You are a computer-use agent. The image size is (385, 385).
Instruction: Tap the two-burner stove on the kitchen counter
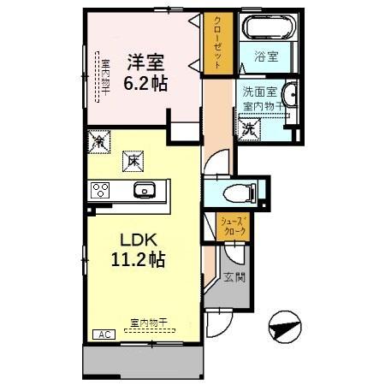tap(101, 190)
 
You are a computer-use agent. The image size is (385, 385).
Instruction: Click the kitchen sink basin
tap(141, 190)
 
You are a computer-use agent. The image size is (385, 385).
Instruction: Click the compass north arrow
tap(285, 327)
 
